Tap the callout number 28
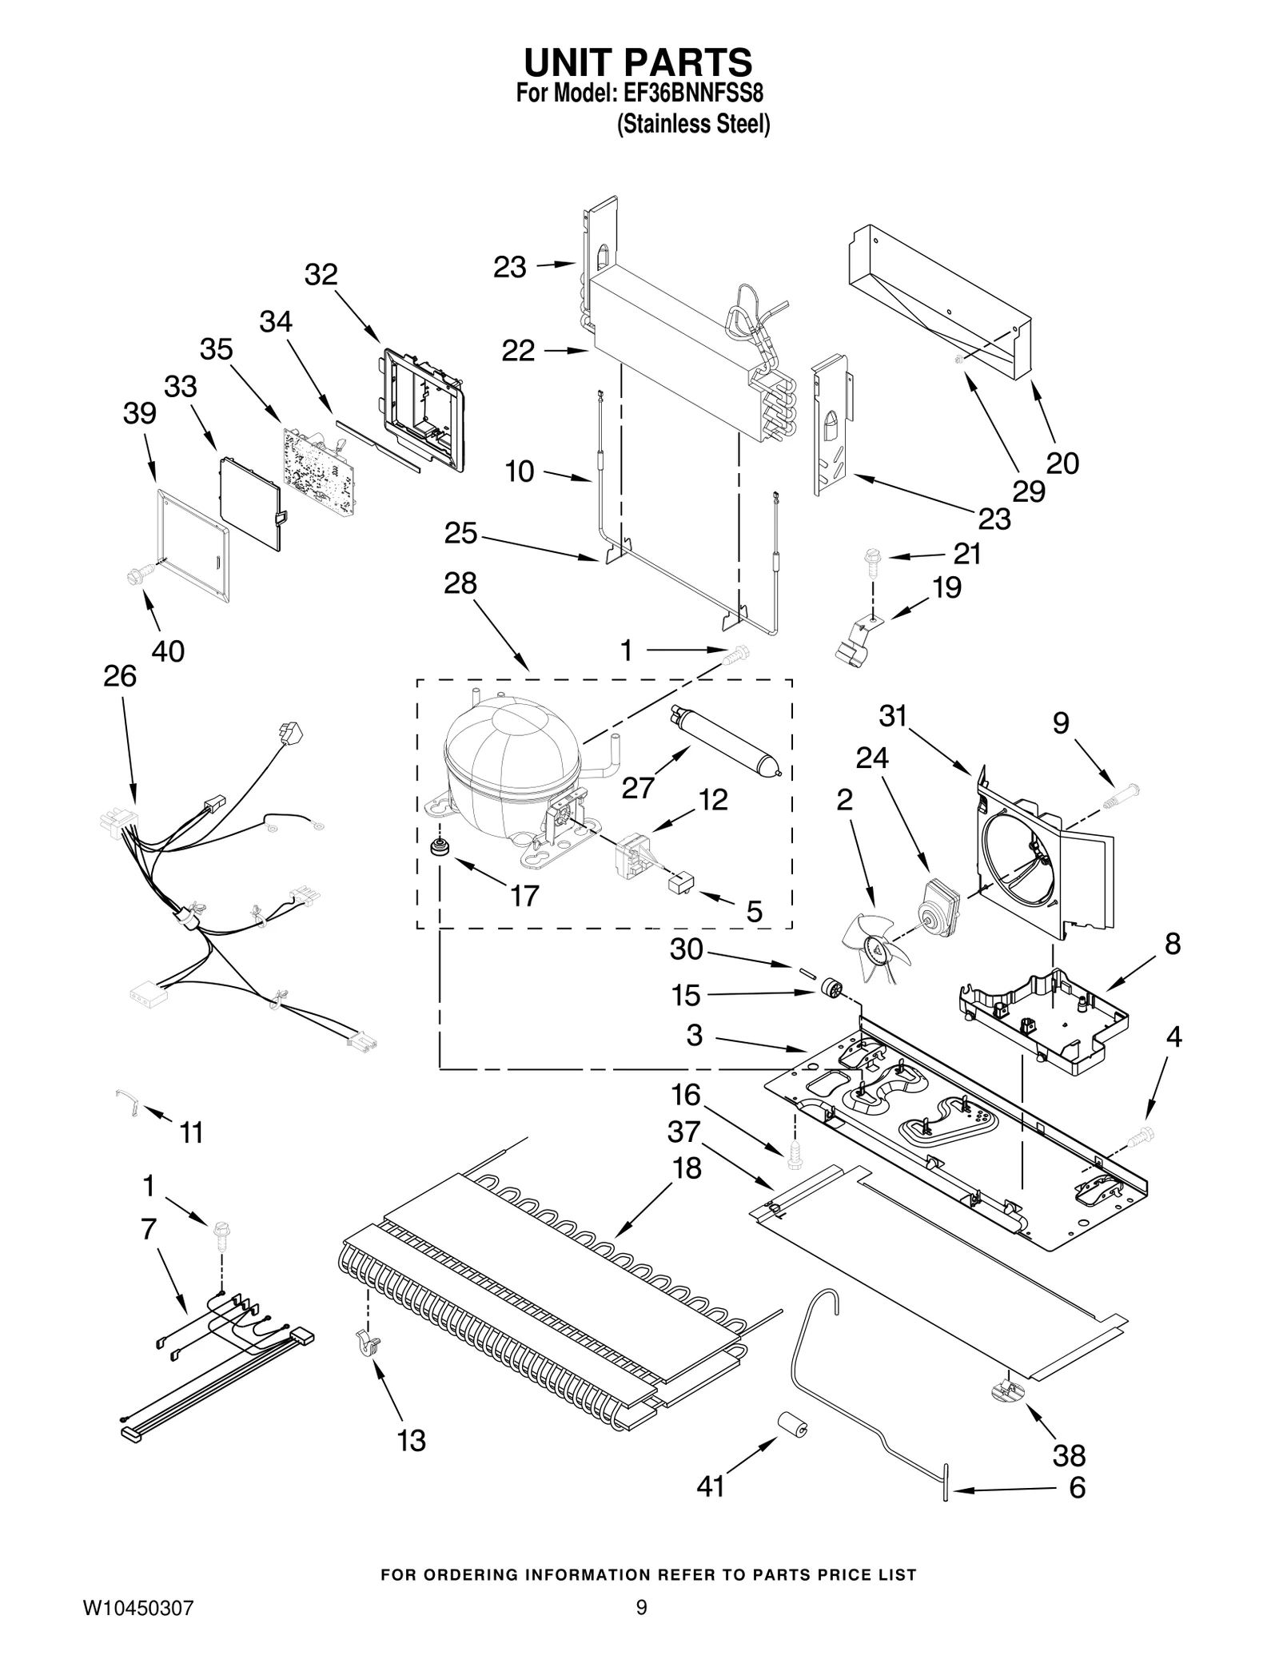pyautogui.click(x=460, y=583)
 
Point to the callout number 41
pyautogui.click(x=710, y=1486)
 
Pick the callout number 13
pyautogui.click(x=412, y=1441)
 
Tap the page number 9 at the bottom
pyautogui.click(x=640, y=1607)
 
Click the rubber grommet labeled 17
pyautogui.click(x=438, y=847)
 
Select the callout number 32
pyautogui.click(x=321, y=274)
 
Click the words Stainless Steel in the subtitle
pyautogui.click(x=693, y=125)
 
